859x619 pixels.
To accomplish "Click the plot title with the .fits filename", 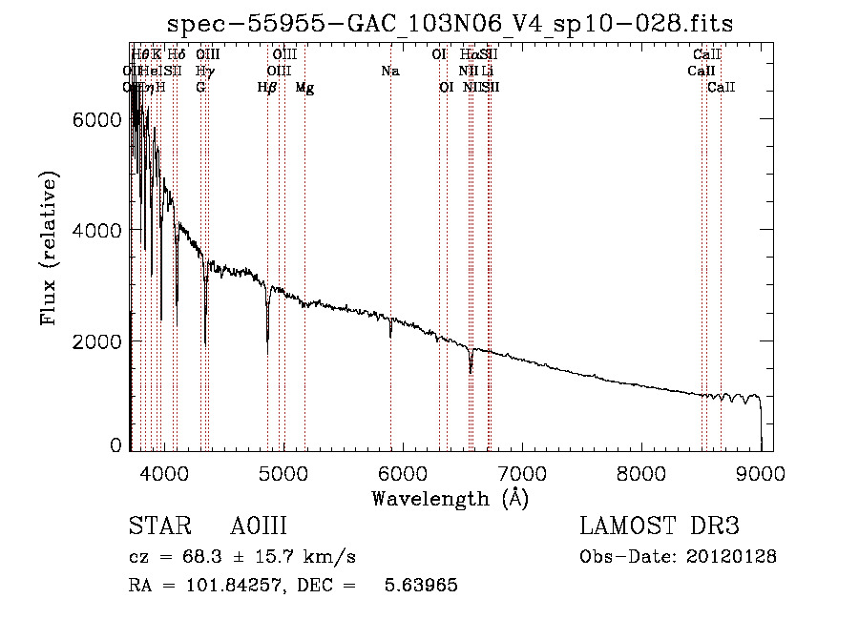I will (450, 24).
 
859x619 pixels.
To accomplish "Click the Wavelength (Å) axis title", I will (450, 498).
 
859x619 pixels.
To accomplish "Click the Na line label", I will (389, 71).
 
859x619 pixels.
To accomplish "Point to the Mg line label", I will (304, 88).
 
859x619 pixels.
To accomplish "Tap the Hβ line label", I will (267, 88).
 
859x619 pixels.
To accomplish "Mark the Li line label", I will (487, 71).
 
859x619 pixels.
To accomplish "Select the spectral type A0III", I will (259, 526).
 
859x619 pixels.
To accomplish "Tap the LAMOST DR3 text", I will (659, 526).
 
